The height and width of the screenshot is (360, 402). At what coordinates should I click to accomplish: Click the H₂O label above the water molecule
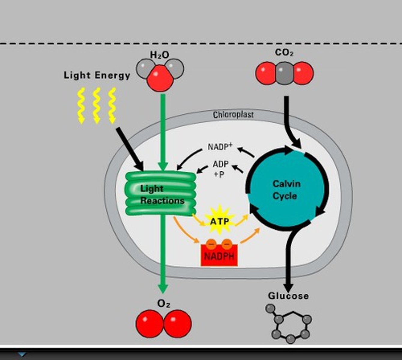(x=159, y=55)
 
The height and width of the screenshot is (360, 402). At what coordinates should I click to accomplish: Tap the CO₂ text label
(x=284, y=52)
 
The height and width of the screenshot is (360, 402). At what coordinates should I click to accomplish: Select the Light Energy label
(x=97, y=75)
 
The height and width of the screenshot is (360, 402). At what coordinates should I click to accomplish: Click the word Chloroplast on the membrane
(x=233, y=115)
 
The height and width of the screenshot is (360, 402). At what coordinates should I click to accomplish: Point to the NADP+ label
(x=220, y=147)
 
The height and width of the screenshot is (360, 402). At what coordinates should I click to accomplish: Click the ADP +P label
(x=220, y=169)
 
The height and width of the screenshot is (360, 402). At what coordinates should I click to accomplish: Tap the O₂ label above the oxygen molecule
(x=164, y=304)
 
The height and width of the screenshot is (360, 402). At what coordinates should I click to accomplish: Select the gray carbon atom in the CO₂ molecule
(x=284, y=73)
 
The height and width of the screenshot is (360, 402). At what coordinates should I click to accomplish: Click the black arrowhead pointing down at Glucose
(x=288, y=286)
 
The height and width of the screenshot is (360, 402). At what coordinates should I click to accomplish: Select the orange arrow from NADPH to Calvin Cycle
(x=250, y=236)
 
